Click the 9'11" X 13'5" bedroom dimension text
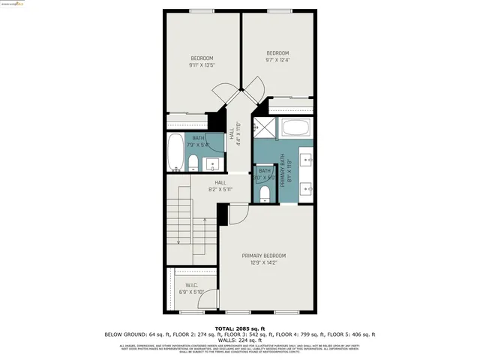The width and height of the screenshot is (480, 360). (x=202, y=65)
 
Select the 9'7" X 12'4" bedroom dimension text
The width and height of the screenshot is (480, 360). (x=277, y=60)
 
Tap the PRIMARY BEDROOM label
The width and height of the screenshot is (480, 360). (x=263, y=256)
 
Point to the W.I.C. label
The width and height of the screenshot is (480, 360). (x=190, y=285)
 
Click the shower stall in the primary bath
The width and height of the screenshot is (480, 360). (x=264, y=128)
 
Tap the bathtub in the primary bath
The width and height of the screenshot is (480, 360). (x=295, y=127)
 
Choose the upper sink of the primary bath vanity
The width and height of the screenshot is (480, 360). (x=307, y=158)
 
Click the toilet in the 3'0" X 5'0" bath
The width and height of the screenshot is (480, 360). (x=264, y=193)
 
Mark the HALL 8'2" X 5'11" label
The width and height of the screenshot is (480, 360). (x=220, y=186)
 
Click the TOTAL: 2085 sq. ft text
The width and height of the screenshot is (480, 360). (x=240, y=328)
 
